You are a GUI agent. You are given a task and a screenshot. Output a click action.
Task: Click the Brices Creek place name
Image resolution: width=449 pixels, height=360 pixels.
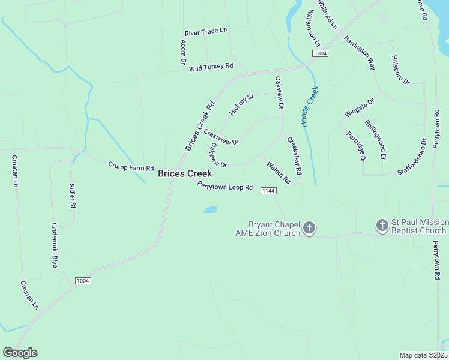point(185,174)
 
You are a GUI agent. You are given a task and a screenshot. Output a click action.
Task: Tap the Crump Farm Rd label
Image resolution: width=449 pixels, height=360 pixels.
point(131,166)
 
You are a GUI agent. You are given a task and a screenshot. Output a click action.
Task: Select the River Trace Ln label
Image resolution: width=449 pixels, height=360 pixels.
point(206,31)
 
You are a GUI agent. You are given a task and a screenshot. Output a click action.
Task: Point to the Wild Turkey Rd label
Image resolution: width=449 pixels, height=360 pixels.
point(211,67)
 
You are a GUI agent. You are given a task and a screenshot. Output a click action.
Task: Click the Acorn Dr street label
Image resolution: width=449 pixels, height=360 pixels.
point(183,53)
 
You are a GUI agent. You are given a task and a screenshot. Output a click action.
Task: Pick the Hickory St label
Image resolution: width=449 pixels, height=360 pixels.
point(242,104)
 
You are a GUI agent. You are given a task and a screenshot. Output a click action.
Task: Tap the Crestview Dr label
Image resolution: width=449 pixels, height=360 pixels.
point(221,137)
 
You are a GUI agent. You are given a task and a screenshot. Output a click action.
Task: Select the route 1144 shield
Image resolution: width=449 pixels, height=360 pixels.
point(268,191)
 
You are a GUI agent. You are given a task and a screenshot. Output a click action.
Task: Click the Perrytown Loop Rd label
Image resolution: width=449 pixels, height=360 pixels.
point(225,187)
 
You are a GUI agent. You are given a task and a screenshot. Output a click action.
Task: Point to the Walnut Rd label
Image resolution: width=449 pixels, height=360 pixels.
point(279,172)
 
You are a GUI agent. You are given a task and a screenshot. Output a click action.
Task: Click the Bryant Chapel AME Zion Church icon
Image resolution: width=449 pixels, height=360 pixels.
point(309,227)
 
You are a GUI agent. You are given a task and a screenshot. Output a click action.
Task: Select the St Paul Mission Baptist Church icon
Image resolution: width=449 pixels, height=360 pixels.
point(382,226)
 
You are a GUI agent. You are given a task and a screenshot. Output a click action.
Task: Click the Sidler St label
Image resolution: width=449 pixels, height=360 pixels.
point(72,196)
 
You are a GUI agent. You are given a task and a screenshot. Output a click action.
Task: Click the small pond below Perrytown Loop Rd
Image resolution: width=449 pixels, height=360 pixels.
point(209,210)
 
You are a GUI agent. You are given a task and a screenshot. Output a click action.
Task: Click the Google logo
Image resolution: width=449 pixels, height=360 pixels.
point(20,353)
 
